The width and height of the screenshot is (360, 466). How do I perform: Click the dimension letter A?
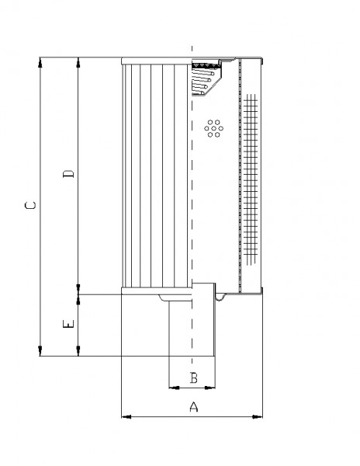click(x=193, y=406)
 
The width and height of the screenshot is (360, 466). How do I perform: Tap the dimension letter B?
click(x=193, y=377)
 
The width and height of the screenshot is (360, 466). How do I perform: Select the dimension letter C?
click(x=30, y=205)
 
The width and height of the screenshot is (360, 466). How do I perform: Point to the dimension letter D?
click(x=68, y=174)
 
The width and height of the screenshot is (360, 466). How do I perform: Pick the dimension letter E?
click(x=68, y=324)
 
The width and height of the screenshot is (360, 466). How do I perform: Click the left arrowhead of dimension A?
click(x=126, y=416)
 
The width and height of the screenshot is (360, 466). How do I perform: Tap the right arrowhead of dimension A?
click(x=258, y=416)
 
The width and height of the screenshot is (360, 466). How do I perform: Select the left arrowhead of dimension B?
click(x=174, y=388)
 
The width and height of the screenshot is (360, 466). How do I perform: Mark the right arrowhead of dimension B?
click(x=209, y=388)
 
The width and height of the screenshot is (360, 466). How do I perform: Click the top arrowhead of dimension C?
click(x=40, y=62)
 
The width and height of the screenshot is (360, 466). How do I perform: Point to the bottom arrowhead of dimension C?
click(x=40, y=351)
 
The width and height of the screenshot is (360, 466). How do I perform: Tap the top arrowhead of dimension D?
click(x=78, y=62)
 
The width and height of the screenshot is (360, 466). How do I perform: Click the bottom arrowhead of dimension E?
click(x=78, y=351)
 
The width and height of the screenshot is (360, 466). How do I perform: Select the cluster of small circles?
click(x=213, y=128)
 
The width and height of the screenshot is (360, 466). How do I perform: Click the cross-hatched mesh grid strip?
click(x=250, y=179)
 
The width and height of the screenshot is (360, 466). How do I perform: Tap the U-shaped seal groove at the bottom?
click(x=219, y=297)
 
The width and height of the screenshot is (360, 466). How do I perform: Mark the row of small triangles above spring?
click(x=206, y=65)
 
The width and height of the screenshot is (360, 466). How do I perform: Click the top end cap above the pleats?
click(x=157, y=61)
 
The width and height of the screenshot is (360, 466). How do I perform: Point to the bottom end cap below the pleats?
click(x=157, y=290)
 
